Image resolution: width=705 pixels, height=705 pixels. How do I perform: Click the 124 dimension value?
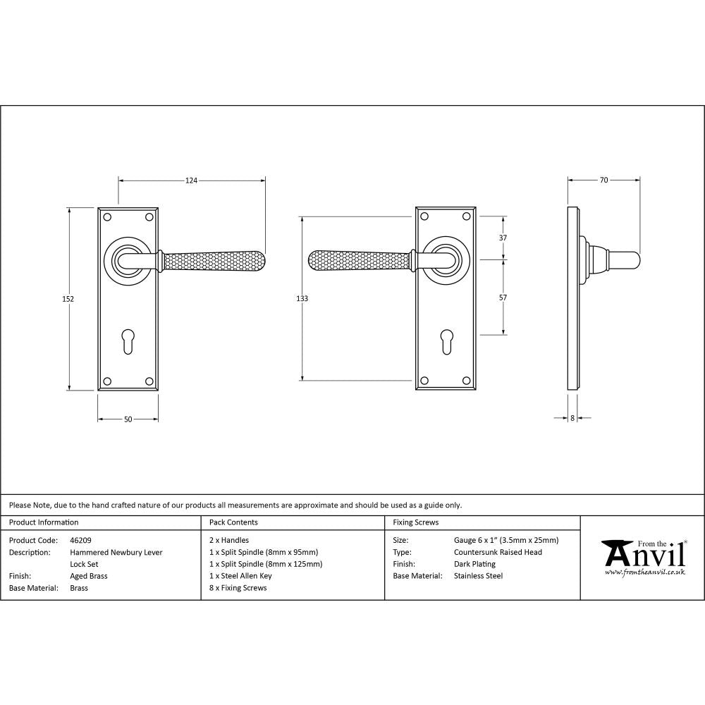pos(191,181)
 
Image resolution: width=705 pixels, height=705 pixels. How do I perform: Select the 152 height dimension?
pos(68,299)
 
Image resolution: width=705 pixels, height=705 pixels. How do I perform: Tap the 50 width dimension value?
pos(128,419)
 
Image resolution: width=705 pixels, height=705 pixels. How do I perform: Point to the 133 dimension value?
pos(302,299)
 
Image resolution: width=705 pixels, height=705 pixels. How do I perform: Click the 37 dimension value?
pos(503,238)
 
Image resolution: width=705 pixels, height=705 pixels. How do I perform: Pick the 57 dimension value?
pos(503,298)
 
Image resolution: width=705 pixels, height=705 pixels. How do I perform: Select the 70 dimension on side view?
pos(603,180)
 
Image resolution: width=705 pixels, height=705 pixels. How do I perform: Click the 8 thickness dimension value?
pos(572,418)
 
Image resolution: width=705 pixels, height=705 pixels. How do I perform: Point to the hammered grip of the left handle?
pos(215,261)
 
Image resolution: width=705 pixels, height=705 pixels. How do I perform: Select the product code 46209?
pos(81,540)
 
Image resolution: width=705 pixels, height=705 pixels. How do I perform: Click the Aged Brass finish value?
pos(88,576)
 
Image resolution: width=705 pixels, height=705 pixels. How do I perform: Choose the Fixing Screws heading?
pos(415,522)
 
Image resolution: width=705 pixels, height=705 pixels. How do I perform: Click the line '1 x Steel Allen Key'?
pos(240,576)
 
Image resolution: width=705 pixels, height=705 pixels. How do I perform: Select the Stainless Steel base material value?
pos(479,576)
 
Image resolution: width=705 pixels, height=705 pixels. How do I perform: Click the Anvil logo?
pos(643,557)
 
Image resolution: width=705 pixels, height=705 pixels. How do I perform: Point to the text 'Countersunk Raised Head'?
pos(498,552)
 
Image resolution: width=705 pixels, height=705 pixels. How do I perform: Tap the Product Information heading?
pos(44,522)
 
